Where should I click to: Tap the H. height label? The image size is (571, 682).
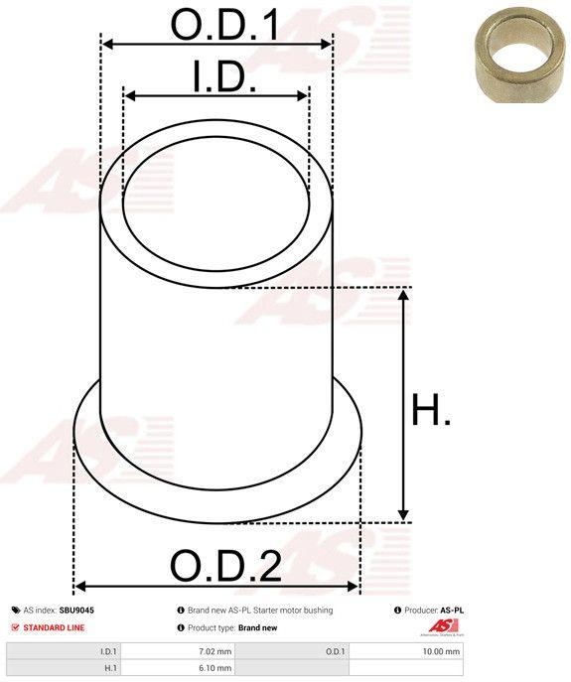click(x=431, y=411)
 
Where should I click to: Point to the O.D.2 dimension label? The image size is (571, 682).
click(x=225, y=566)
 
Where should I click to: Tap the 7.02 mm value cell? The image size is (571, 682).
click(x=214, y=651)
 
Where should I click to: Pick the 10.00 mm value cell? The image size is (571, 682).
click(x=441, y=651)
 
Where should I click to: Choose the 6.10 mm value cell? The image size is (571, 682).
click(x=214, y=668)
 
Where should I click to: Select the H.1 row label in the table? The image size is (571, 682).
click(x=108, y=668)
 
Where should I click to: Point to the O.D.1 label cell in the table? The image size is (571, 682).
click(x=336, y=651)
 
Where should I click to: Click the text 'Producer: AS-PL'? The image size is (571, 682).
click(x=433, y=611)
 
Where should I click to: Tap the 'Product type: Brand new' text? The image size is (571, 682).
click(x=232, y=627)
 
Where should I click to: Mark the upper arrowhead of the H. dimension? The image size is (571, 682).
click(x=403, y=295)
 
